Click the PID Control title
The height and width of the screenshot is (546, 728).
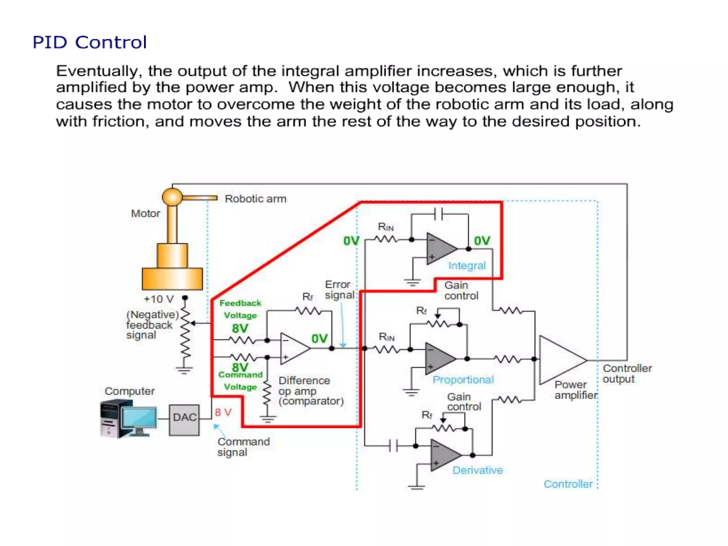[89, 42]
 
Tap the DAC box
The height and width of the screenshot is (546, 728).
[184, 420]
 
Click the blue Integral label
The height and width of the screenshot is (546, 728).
[466, 266]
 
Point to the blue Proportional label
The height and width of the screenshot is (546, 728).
[463, 380]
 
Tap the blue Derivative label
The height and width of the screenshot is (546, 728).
[477, 470]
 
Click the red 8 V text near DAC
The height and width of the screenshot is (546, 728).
[223, 412]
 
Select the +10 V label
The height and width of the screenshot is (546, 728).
[159, 299]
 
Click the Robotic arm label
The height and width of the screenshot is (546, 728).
[255, 199]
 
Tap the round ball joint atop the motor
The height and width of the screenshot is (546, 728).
[172, 197]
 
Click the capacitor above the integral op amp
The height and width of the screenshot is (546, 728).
[439, 214]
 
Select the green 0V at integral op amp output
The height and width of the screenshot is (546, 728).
[482, 241]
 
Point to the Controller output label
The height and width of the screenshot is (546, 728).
[627, 373]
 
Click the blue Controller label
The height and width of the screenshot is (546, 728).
[568, 484]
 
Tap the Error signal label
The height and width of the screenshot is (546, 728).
[339, 290]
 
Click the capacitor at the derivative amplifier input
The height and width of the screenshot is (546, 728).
[393, 445]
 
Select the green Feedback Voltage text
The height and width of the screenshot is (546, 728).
[240, 309]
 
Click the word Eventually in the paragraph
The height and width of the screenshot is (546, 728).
[97, 71]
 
